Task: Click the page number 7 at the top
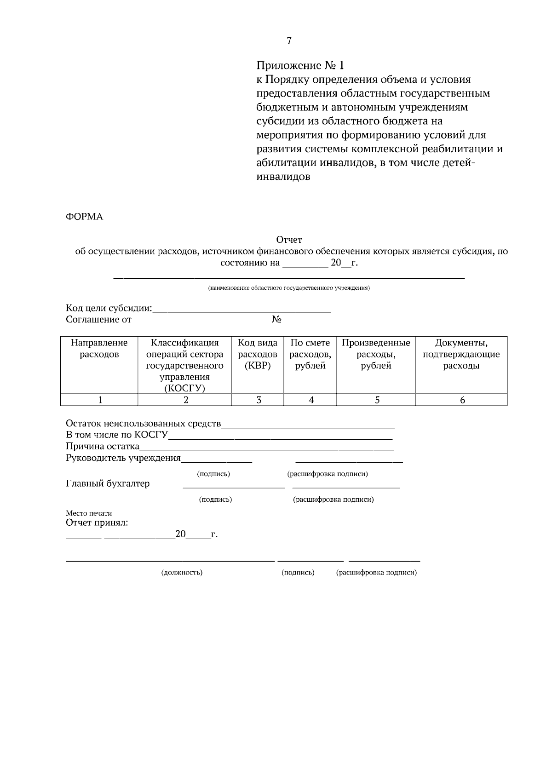(289, 41)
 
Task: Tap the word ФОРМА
(84, 217)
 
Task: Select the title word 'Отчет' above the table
(289, 240)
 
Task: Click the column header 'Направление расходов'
(99, 349)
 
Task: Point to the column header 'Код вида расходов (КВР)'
(257, 354)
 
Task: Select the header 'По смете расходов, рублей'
(310, 354)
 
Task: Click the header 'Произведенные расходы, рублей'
(376, 354)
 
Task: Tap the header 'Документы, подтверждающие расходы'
(461, 354)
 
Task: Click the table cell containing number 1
(100, 400)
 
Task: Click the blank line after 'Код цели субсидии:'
(241, 310)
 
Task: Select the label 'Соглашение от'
(98, 320)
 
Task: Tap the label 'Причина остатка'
(102, 446)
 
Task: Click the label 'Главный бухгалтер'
(108, 484)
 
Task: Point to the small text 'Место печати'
(89, 513)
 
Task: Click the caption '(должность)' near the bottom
(182, 573)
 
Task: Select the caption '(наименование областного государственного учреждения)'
(289, 288)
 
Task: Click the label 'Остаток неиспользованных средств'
(143, 424)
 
